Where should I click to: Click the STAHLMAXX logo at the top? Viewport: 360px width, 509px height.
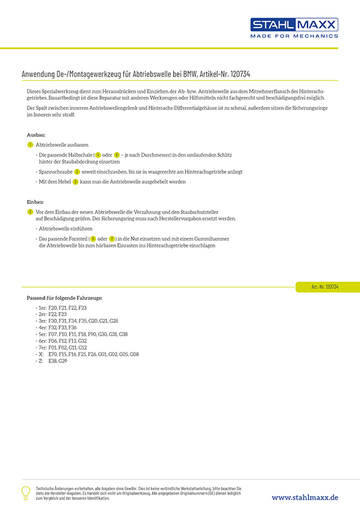294,25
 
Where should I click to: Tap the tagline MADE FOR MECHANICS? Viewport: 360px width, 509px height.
294,36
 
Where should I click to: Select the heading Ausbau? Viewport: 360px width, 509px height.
36,135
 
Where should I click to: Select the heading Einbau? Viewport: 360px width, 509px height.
36,201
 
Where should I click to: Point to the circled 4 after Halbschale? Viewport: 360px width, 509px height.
98,155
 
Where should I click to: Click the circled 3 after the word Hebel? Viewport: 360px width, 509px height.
76,181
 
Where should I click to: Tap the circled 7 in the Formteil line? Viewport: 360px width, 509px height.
112,239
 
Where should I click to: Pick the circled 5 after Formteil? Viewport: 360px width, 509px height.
93,239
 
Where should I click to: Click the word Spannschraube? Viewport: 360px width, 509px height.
55,172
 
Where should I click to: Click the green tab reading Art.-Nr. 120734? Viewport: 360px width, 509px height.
325,287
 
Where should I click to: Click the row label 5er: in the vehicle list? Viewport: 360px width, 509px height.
42,334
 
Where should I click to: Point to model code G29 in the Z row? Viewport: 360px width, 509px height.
63,361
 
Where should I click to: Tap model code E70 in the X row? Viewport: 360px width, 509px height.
52,354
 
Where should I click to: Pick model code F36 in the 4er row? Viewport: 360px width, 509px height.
73,328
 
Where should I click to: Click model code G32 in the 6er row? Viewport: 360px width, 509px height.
83,341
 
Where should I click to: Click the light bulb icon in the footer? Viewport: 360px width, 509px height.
26,493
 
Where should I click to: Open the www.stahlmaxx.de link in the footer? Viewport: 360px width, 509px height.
305,498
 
